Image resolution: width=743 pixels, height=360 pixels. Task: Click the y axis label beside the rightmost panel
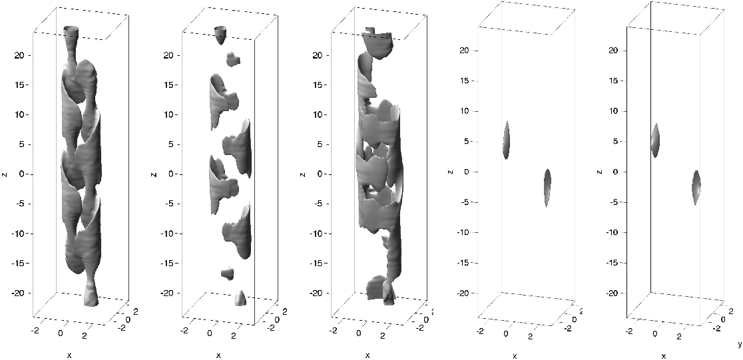click(739, 342)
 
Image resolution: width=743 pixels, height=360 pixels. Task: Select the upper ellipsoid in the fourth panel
click(507, 140)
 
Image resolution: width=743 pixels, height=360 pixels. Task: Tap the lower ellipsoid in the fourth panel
click(547, 188)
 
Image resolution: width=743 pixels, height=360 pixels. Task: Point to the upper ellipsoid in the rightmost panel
click(655, 140)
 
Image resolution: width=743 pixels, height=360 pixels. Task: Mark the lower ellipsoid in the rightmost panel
click(696, 188)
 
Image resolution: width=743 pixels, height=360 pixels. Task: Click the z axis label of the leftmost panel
click(5, 174)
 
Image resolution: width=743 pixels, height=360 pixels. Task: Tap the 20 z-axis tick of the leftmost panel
click(22, 55)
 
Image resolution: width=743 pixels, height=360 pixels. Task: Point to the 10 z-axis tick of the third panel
click(321, 115)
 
